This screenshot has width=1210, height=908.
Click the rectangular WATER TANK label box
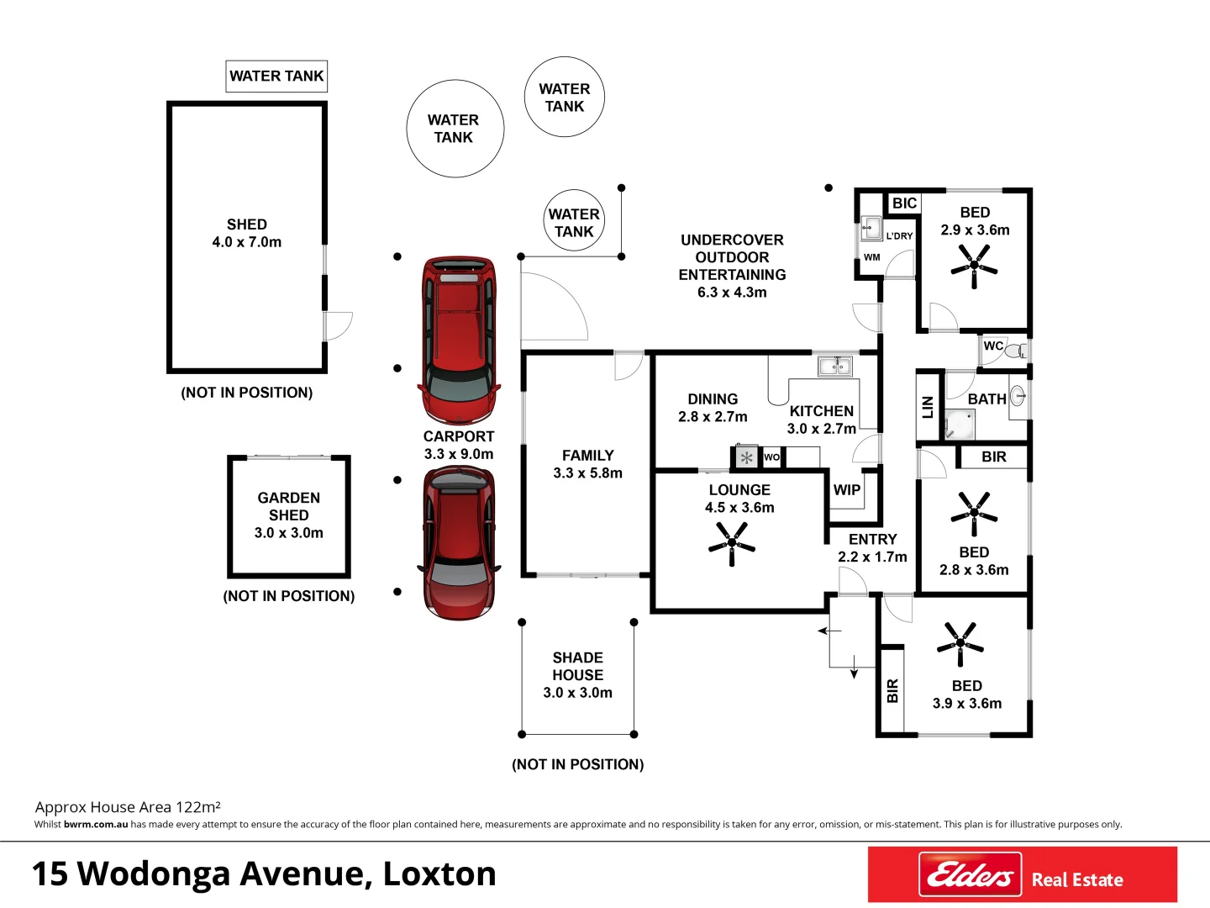coord(276,77)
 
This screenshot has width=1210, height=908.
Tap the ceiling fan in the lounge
coord(732,543)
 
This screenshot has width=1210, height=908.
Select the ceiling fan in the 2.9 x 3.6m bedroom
coord(974,265)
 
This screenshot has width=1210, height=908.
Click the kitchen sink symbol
coord(835,366)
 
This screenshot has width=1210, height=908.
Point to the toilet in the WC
coord(1016,350)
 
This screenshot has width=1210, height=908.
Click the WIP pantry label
coord(846,490)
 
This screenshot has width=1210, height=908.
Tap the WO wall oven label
coord(771,457)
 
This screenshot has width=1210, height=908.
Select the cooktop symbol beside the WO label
coord(746,457)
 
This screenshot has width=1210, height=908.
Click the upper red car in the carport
coord(459,340)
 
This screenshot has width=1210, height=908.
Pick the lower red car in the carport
coord(459,542)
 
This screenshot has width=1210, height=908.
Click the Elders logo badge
coord(970,875)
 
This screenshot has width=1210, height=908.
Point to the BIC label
coord(904,203)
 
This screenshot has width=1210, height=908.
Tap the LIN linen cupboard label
coord(928,408)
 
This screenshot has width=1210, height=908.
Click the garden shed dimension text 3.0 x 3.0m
coord(288,533)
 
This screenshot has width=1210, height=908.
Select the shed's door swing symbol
coord(336,325)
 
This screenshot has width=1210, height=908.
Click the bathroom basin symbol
coord(1018,395)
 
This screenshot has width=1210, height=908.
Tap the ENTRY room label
coord(872,540)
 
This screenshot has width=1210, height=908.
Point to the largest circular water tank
coord(455,129)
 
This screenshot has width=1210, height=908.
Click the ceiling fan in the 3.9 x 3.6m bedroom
coord(960,645)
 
